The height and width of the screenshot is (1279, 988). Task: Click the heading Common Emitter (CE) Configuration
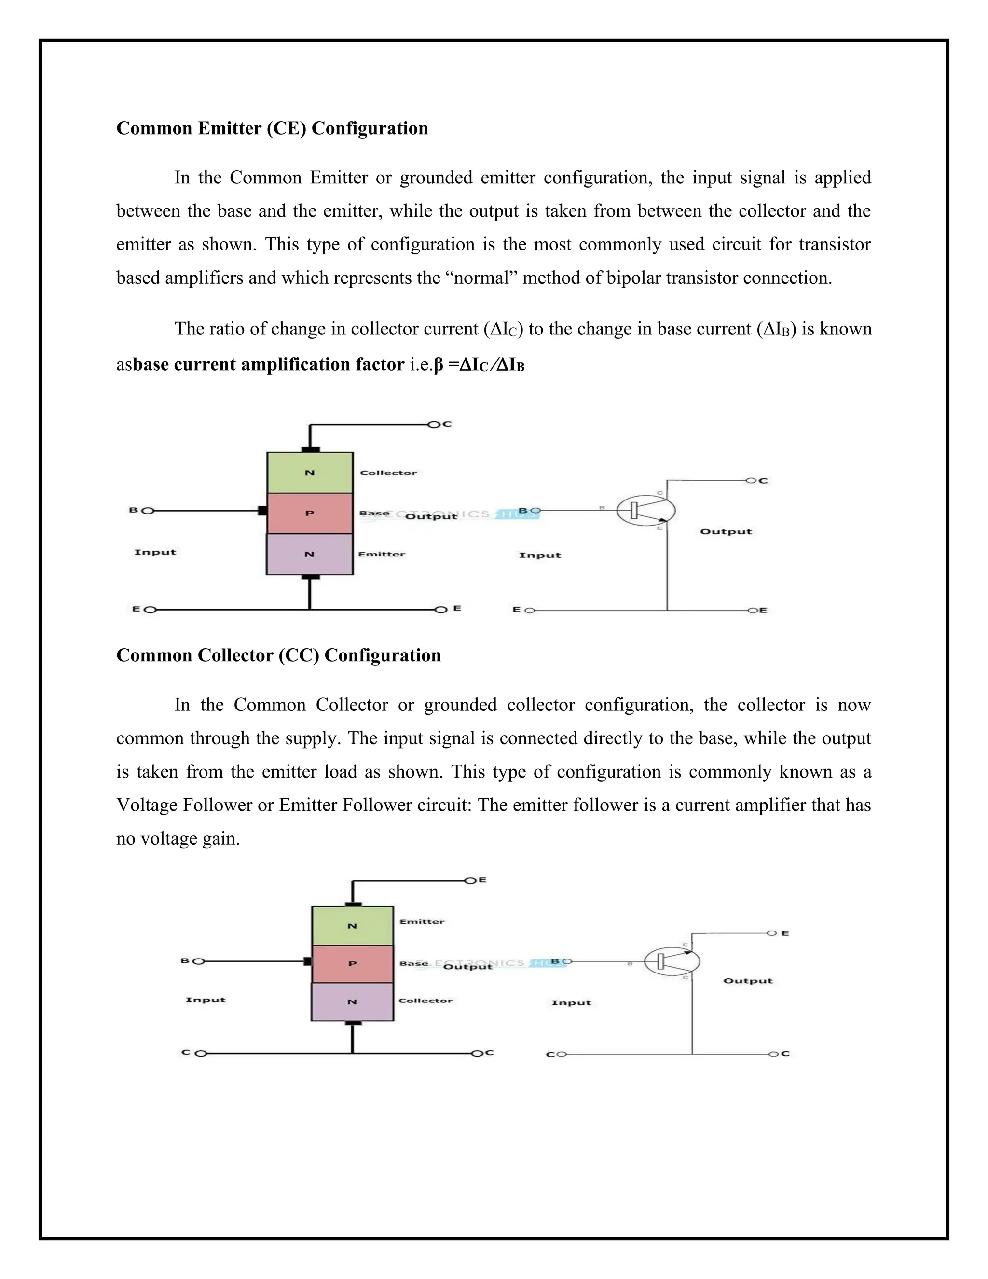(x=272, y=128)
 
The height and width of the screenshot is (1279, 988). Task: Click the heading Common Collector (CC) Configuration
(x=279, y=655)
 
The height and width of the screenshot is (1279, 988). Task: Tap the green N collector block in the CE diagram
(x=310, y=473)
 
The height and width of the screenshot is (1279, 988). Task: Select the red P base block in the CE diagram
(x=310, y=513)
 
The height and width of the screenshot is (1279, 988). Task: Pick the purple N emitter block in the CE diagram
(x=310, y=554)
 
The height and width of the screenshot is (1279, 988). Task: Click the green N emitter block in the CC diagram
(x=352, y=926)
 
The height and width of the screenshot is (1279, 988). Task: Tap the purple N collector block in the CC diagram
(x=352, y=1002)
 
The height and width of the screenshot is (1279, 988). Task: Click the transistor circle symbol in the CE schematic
(x=645, y=511)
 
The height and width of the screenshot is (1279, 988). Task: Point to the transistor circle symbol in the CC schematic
(x=672, y=961)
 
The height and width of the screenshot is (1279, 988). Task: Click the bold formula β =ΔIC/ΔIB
(x=479, y=365)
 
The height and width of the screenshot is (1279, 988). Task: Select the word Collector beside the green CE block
(x=388, y=473)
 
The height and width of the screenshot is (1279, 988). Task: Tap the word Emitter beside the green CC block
(x=422, y=922)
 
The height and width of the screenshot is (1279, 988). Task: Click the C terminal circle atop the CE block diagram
(x=434, y=425)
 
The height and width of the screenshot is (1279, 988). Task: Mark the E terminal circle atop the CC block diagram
(x=469, y=880)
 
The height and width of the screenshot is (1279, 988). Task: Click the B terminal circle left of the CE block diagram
(x=148, y=511)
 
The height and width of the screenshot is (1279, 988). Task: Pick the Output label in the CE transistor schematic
(x=726, y=532)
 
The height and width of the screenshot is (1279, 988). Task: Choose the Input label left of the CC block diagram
(x=206, y=1000)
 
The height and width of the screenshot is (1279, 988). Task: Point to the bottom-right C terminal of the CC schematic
(x=774, y=1054)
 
